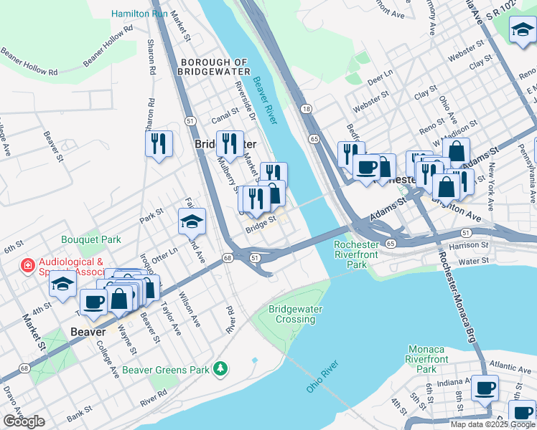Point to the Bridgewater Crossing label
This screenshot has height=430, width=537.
[295, 314]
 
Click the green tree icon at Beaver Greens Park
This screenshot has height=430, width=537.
[222, 369]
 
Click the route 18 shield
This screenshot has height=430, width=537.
[307, 108]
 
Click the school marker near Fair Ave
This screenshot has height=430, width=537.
[192, 222]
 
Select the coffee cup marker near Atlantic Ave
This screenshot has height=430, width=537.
[485, 388]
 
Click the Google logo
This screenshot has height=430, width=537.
[24, 421]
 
